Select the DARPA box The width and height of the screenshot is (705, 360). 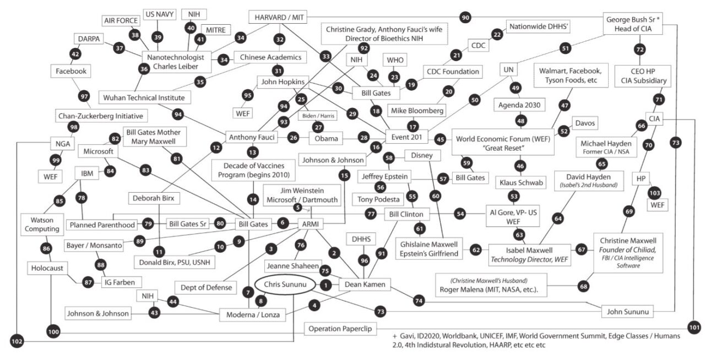point(89,39)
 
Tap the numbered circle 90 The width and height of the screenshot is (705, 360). point(465,17)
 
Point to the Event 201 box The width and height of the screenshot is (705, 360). point(406,137)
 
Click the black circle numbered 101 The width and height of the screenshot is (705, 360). point(695,328)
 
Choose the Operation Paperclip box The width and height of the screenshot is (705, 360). point(340,329)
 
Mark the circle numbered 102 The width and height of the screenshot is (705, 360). point(17,341)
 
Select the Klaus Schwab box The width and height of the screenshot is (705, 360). point(521,183)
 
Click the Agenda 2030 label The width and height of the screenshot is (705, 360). point(519,105)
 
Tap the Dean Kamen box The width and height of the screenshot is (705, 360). point(365,285)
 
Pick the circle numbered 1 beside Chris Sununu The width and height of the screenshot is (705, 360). point(326,286)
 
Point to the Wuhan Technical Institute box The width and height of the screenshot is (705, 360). point(144,97)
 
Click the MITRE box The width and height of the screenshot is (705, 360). point(215,30)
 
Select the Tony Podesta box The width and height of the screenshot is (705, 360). point(378,199)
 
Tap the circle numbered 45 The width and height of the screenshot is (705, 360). point(440,139)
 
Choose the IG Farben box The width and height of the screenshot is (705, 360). point(120,282)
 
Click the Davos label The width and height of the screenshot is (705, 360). point(585,123)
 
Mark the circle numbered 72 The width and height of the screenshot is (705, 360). point(640,50)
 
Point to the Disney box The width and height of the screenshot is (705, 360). point(422,155)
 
